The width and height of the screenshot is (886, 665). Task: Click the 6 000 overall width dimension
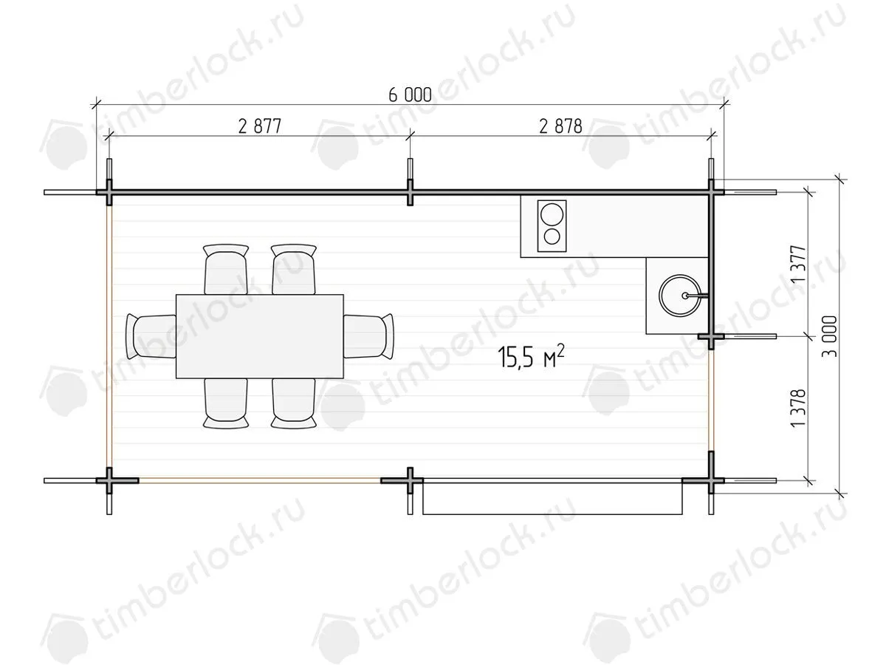click(410, 95)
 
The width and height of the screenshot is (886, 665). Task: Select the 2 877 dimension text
click(260, 126)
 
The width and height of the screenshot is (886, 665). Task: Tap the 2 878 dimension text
click(560, 126)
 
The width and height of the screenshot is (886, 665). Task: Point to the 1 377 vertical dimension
click(798, 264)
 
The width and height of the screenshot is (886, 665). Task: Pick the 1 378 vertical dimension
click(798, 408)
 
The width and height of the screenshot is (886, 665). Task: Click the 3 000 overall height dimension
click(830, 336)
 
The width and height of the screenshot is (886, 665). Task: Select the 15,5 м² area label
click(531, 356)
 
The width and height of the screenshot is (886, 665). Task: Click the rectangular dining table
click(260, 336)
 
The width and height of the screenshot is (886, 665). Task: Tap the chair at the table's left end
click(151, 336)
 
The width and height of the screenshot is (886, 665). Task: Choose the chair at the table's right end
click(368, 336)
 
